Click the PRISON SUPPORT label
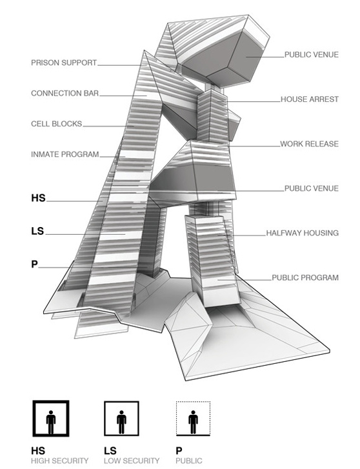(x=64, y=63)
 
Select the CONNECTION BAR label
(x=65, y=94)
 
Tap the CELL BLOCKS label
(x=57, y=124)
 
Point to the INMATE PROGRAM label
(x=65, y=154)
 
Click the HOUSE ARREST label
(x=310, y=99)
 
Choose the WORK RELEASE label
(x=310, y=144)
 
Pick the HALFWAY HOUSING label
(x=303, y=233)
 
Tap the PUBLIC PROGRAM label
(x=305, y=277)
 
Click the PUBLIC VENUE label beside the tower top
(x=312, y=55)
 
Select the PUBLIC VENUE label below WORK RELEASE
(x=312, y=188)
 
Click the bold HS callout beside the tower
(x=38, y=198)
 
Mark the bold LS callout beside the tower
(x=37, y=231)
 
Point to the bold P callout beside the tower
(x=34, y=264)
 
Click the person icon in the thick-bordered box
(x=51, y=422)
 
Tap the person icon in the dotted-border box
(x=193, y=422)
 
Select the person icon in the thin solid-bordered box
(x=121, y=422)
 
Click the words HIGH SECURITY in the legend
(x=60, y=461)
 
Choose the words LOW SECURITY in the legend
(x=132, y=461)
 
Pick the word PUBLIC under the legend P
(x=189, y=461)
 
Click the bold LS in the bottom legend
(x=110, y=451)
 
